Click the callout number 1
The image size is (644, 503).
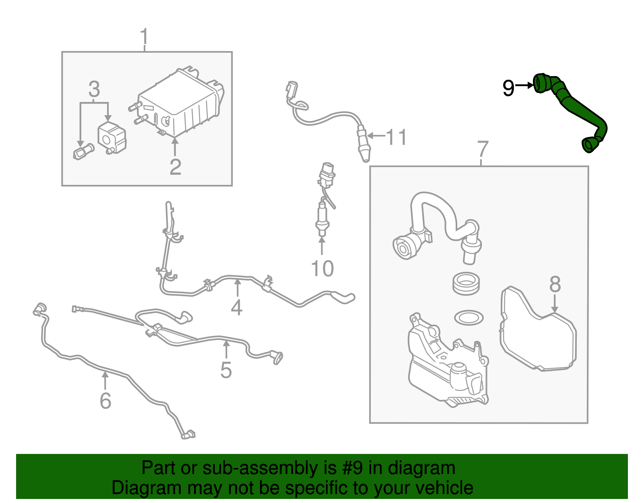144,37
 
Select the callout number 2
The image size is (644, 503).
175,167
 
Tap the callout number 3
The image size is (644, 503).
94,89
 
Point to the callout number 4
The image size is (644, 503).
237,307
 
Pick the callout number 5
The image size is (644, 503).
226,370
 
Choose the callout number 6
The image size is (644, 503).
105,401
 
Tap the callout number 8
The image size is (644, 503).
555,284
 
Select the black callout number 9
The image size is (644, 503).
509,88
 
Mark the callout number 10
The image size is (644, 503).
322,269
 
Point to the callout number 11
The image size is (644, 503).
396,137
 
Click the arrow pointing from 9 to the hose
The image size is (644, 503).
524,86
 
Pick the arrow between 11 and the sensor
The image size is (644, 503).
376,136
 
